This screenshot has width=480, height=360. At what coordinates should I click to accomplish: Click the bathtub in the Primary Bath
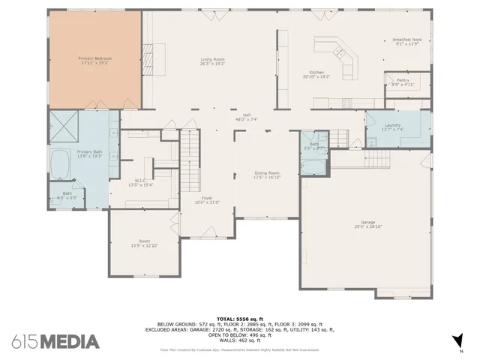(x=61, y=164)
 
